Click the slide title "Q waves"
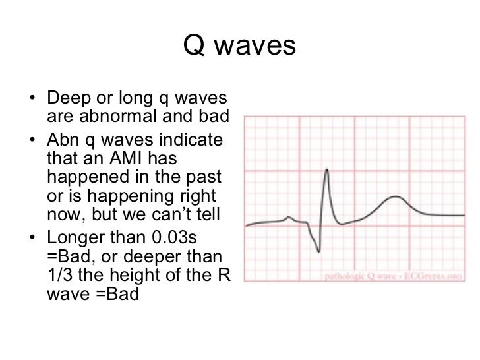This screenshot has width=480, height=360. [239, 46]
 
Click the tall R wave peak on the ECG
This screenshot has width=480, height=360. [326, 171]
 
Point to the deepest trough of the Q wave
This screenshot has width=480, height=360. [318, 251]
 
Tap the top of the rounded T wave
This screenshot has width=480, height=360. [395, 196]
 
